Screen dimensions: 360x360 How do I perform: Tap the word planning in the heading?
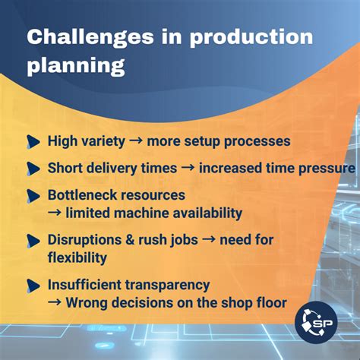[76, 66]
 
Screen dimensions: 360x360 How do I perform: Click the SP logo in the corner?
[318, 320]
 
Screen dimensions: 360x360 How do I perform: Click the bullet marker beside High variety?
[33, 142]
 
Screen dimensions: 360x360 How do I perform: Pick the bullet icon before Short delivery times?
[33, 168]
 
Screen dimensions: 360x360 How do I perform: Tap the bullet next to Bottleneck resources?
[33, 195]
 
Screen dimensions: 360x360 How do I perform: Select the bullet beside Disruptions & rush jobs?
[33, 240]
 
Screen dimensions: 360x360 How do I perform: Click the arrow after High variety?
[135, 142]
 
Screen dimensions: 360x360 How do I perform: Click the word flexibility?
[77, 257]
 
